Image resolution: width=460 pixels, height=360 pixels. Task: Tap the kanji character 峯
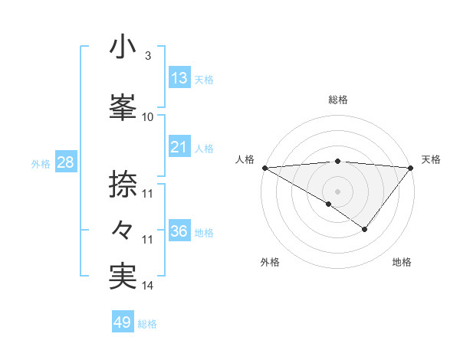click(x=123, y=108)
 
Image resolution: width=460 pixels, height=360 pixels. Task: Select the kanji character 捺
click(x=123, y=184)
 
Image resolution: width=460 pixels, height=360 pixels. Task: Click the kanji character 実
click(x=123, y=277)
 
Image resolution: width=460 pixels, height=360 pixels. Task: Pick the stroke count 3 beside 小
click(x=147, y=56)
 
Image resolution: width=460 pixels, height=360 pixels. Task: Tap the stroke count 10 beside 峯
click(x=148, y=116)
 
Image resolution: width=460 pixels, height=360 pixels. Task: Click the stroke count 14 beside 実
click(x=148, y=286)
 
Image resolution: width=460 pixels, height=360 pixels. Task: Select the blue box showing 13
click(x=179, y=78)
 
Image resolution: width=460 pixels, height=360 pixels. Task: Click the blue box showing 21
click(x=179, y=147)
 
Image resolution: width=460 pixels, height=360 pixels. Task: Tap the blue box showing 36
click(x=179, y=231)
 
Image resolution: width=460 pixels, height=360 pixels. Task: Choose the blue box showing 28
click(x=65, y=162)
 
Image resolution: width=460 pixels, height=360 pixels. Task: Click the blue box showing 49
click(x=123, y=322)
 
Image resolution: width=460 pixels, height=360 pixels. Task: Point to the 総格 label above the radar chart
click(x=337, y=100)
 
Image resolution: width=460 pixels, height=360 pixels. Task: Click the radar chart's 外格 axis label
click(x=270, y=263)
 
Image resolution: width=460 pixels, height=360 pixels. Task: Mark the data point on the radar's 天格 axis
click(x=411, y=167)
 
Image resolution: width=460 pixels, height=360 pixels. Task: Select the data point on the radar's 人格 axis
click(x=264, y=167)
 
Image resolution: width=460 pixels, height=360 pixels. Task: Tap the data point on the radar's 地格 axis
click(x=365, y=229)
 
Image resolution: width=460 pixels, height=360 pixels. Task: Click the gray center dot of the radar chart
click(x=337, y=191)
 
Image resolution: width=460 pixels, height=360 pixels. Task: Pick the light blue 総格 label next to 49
click(x=147, y=324)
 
